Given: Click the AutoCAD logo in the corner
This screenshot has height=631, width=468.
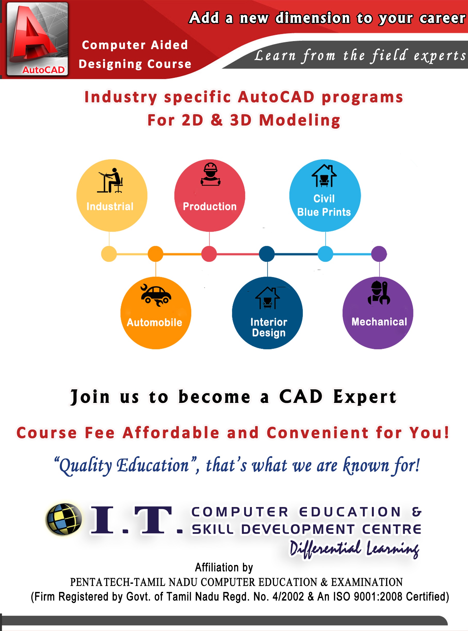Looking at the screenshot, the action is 37,39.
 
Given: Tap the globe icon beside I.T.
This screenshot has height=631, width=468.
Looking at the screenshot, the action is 64,519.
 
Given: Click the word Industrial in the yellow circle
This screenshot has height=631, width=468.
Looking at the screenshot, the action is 110,206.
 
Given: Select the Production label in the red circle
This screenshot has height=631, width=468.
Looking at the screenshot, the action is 210,206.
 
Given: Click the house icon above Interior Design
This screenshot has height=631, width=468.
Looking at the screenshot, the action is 268,298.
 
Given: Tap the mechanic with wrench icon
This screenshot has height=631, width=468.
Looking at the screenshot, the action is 379,293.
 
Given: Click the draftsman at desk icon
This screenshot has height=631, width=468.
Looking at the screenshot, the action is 111,180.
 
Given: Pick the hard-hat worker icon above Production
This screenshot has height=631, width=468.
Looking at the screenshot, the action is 211,174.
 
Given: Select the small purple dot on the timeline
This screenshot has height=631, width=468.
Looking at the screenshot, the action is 379,254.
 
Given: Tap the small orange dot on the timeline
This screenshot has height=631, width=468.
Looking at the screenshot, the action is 156,254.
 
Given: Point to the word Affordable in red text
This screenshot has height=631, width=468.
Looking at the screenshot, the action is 171,433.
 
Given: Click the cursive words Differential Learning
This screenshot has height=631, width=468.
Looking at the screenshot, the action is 354,549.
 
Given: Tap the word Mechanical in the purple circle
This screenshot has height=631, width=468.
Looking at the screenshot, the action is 379,322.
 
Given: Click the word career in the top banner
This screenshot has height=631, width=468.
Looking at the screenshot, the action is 442,18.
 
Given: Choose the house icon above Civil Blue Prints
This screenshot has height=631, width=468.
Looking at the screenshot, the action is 324,176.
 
